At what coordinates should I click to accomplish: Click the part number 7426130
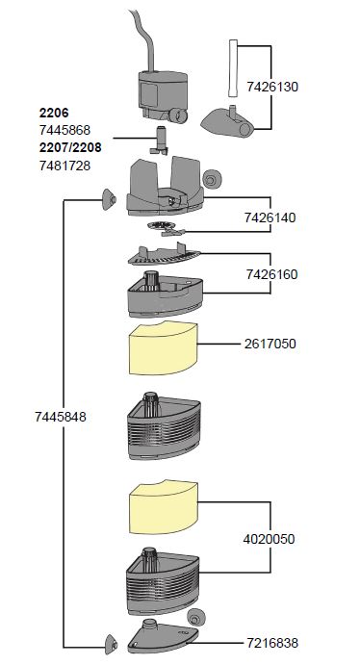[x=272, y=87]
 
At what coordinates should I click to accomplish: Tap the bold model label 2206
[x=54, y=113]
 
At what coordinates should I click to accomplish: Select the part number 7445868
[x=64, y=130]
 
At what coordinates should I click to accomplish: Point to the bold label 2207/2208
[x=70, y=147]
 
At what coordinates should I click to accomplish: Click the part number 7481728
[x=64, y=166]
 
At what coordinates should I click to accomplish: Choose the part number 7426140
[x=270, y=217]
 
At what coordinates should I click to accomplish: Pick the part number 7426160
[x=271, y=274]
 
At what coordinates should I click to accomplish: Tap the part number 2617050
[x=270, y=344]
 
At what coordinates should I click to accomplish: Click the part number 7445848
[x=61, y=417]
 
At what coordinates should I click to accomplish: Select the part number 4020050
[x=269, y=539]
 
